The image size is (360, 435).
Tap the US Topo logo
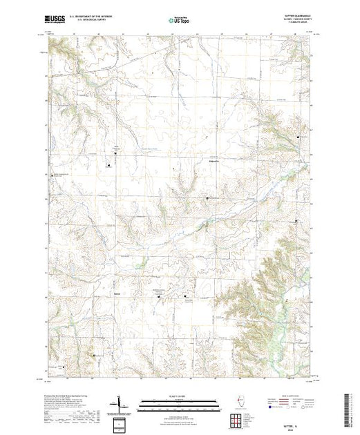(180, 21)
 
